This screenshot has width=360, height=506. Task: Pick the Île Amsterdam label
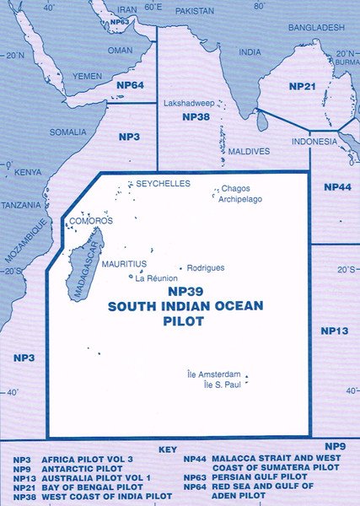pos(213,374)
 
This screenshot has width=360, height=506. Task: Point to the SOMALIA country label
pos(67,132)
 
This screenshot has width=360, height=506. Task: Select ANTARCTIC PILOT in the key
pos(73,467)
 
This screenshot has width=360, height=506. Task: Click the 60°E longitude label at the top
pos(153,7)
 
